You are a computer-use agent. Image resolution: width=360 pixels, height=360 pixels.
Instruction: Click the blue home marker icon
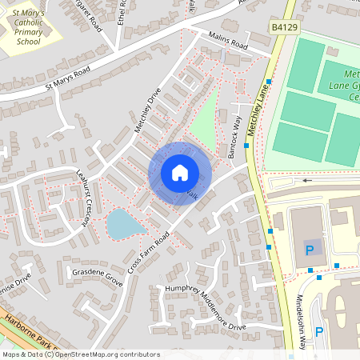179,173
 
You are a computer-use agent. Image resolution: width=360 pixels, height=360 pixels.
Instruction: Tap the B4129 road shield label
283,27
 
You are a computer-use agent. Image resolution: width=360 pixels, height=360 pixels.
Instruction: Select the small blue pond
125,224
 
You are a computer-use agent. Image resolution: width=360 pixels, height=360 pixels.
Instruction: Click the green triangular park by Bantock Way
204,120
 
